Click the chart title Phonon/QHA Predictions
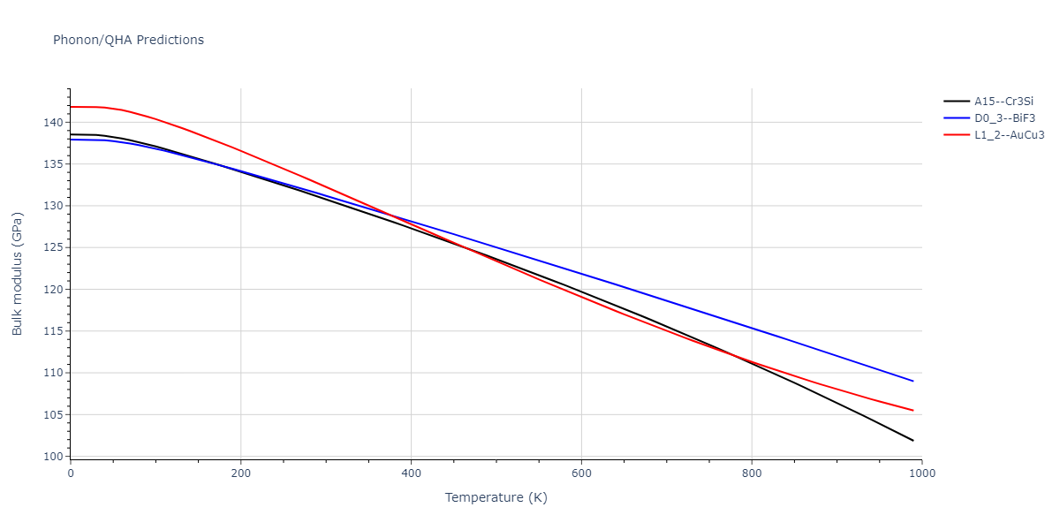pyautogui.click(x=128, y=40)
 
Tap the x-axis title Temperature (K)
pyautogui.click(x=496, y=497)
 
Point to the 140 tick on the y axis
pyautogui.click(x=54, y=123)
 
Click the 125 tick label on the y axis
pyautogui.click(x=54, y=247)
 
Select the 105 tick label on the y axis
pyautogui.click(x=54, y=415)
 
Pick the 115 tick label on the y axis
pyautogui.click(x=54, y=331)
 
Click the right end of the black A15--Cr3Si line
pyautogui.click(x=913, y=441)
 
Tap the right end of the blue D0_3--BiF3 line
pyautogui.click(x=913, y=381)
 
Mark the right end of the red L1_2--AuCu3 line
pyautogui.click(x=913, y=411)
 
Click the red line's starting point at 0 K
pyautogui.click(x=71, y=107)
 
